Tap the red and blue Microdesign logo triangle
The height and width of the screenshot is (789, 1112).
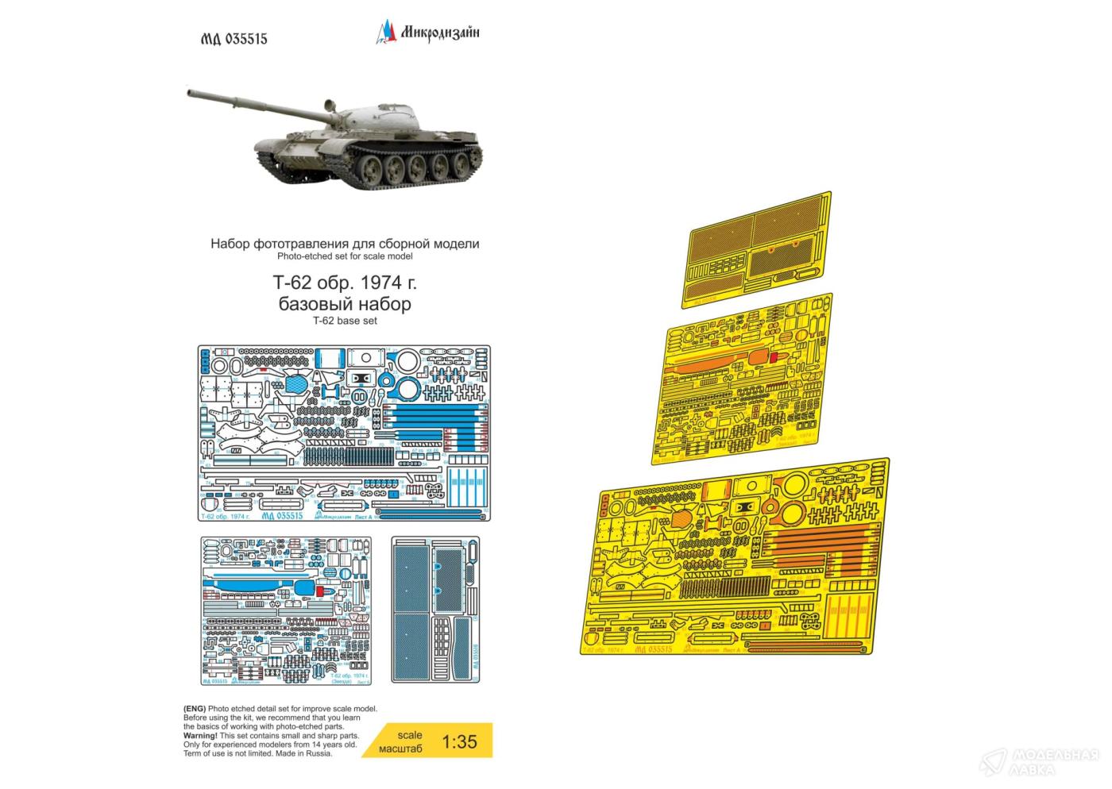point(384,32)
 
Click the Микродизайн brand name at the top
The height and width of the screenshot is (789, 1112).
point(438,33)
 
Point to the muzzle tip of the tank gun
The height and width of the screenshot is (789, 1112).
point(189,93)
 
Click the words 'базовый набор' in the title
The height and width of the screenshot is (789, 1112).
point(345,304)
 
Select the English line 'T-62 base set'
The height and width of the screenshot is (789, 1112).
point(345,321)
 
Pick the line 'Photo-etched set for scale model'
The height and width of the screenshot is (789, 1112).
point(345,256)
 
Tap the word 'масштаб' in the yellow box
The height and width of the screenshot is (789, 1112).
point(401,749)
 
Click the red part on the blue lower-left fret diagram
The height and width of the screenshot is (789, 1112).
point(319,591)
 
